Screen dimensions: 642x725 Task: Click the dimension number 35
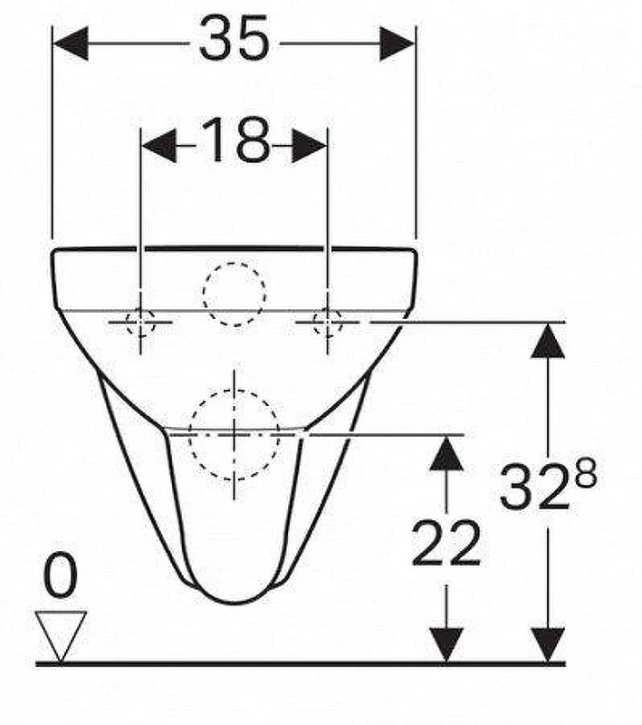234,39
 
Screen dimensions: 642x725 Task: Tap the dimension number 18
235,140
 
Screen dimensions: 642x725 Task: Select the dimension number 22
446,543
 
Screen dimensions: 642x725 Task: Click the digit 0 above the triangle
60,575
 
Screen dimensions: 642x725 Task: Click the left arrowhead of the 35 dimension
71,43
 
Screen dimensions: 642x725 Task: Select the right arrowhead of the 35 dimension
397,43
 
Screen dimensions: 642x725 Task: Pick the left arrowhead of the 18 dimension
159,146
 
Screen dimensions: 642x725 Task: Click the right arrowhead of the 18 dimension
310,146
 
